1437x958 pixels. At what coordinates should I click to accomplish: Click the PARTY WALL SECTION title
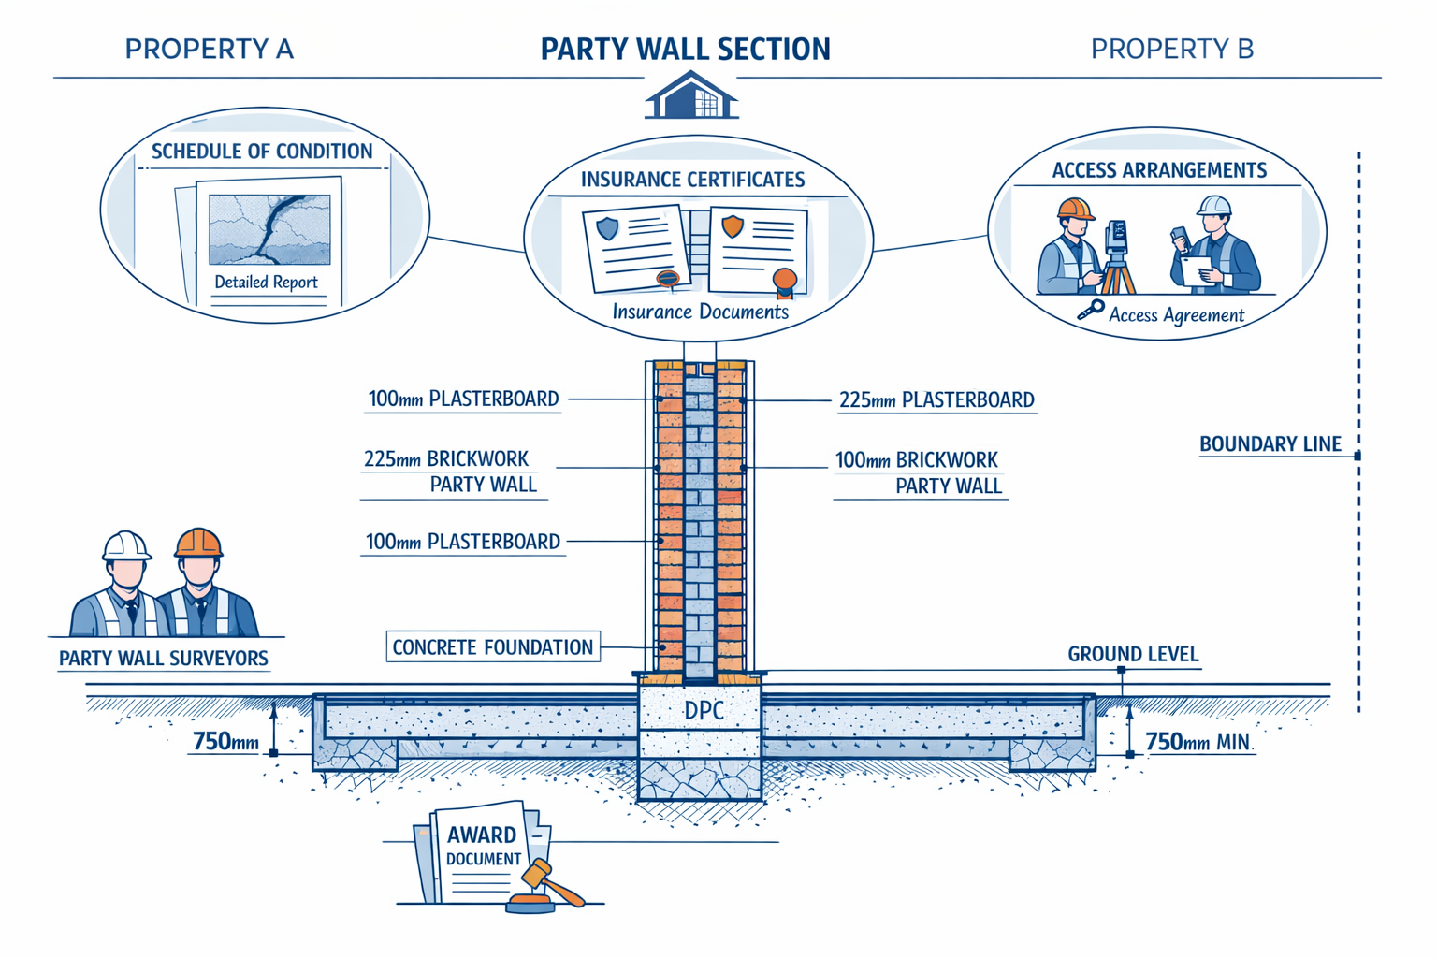tap(685, 50)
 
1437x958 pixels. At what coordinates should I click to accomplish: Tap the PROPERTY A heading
tap(209, 49)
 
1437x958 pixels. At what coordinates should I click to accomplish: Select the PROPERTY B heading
tap(1171, 49)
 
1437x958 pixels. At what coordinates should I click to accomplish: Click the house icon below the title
tap(691, 96)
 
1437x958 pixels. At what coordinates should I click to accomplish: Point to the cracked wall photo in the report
tap(269, 229)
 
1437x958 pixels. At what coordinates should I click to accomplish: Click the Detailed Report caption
tap(266, 283)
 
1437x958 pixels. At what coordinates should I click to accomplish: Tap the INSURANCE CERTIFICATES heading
tap(692, 180)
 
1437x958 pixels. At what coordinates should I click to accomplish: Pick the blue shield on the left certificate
tap(607, 227)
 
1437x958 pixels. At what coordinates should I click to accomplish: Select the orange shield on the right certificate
tap(733, 225)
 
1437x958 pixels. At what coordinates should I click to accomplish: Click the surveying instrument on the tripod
tap(1116, 239)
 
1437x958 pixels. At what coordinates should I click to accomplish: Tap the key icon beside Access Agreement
tap(1090, 311)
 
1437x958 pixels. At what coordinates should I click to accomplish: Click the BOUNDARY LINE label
tap(1270, 444)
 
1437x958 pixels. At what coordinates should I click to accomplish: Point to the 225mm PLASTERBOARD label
tap(936, 400)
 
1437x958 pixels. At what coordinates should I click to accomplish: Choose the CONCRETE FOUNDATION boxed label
tap(492, 647)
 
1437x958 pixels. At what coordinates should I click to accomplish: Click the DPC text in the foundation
tap(704, 711)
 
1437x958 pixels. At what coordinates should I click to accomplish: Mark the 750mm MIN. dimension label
tap(1198, 743)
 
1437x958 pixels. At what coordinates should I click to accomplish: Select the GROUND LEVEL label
tap(1132, 654)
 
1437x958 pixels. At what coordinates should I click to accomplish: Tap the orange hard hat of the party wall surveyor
tap(198, 543)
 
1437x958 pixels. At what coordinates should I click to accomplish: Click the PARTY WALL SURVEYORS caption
tap(164, 659)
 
